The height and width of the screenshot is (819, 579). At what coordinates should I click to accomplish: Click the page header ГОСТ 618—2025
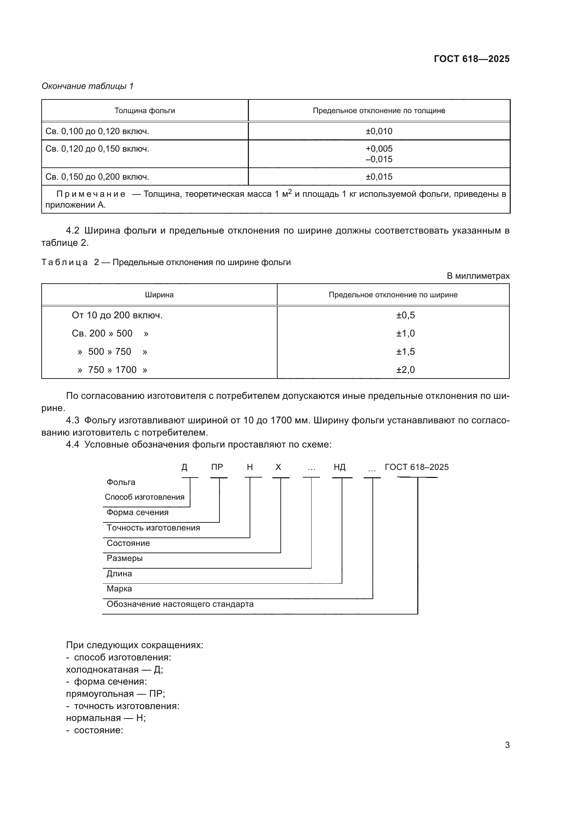(x=471, y=59)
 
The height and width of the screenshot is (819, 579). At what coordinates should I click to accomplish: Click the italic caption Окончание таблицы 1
(x=88, y=86)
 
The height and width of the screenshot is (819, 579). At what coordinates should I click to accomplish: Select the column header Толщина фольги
(x=145, y=111)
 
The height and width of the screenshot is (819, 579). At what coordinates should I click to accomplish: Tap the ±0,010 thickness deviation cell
(x=379, y=131)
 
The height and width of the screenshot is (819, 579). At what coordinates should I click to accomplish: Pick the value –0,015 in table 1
(x=379, y=159)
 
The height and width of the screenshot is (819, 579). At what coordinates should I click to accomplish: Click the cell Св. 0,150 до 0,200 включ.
(x=97, y=177)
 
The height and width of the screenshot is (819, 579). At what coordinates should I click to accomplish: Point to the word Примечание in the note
(x=91, y=194)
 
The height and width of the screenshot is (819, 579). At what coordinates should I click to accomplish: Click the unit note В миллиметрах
(x=478, y=276)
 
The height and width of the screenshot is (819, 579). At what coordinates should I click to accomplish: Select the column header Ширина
(x=159, y=295)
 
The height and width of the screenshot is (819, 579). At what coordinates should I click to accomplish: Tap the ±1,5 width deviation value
(x=405, y=352)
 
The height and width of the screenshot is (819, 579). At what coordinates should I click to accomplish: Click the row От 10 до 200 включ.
(x=117, y=315)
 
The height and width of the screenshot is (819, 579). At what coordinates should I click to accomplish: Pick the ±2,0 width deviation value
(x=405, y=370)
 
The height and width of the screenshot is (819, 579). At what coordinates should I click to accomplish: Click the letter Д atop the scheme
(x=184, y=467)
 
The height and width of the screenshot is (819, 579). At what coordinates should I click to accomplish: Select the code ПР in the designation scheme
(x=217, y=467)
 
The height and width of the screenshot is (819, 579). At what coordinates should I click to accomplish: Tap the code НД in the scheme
(x=340, y=467)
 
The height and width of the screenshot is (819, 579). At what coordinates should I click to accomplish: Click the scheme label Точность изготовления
(x=153, y=528)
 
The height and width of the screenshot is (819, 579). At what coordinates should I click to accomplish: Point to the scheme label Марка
(x=119, y=589)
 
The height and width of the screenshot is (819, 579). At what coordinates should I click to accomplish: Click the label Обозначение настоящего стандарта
(x=180, y=604)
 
